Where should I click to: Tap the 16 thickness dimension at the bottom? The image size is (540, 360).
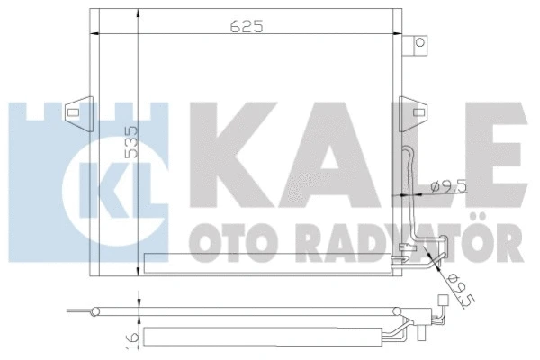tap(131, 338)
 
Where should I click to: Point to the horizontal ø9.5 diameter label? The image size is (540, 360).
tap(448, 187)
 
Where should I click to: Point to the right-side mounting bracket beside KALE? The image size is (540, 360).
tap(418, 115)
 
